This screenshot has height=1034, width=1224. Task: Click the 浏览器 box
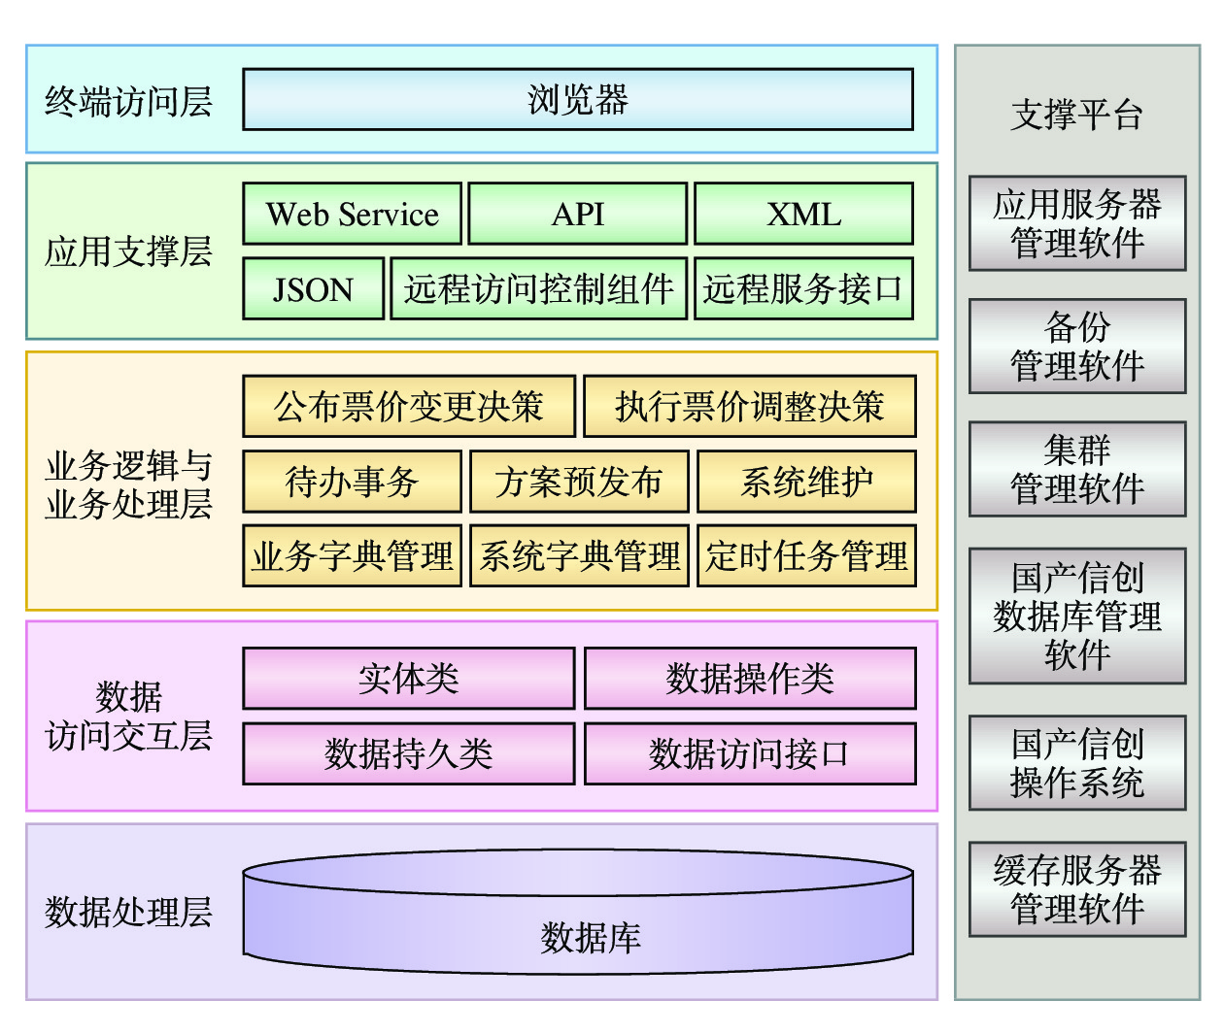(578, 99)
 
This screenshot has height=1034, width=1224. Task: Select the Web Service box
(352, 214)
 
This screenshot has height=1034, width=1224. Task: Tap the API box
(578, 214)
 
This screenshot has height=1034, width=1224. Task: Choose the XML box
(804, 214)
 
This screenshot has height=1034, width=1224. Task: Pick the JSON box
(313, 288)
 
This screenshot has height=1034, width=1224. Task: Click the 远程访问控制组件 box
(539, 288)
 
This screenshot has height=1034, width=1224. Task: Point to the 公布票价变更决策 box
(409, 406)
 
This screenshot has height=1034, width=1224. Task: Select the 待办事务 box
(352, 482)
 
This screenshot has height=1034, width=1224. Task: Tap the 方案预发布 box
(579, 482)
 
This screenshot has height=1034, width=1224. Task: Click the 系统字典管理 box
(579, 556)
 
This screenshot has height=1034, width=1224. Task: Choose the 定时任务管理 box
(806, 556)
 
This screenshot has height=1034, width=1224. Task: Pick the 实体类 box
(409, 679)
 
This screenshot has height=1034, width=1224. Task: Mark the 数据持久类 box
(409, 753)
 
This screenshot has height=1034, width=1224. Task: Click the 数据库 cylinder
(578, 922)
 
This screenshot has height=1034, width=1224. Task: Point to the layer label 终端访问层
(128, 101)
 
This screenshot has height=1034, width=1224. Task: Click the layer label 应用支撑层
(128, 251)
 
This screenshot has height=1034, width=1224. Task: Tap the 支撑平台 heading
(1076, 115)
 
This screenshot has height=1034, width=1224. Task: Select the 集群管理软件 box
(1077, 469)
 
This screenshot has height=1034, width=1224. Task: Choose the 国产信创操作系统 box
(1077, 763)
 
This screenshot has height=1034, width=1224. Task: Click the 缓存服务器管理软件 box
(1077, 889)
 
